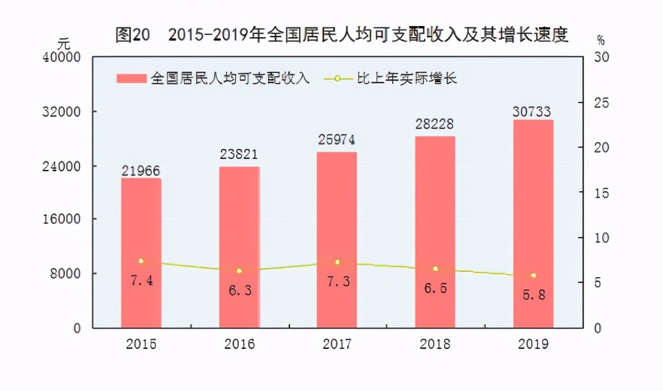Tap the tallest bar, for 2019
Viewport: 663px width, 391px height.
533,223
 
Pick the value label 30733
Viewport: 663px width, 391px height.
532,111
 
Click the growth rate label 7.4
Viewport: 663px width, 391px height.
141,281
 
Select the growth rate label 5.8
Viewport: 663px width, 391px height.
532,295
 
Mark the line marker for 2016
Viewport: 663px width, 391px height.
239,271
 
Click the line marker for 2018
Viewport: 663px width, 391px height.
435,269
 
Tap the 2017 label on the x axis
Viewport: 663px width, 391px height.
336,344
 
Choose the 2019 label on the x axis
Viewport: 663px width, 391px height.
532,344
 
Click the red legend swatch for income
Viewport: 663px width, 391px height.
132,79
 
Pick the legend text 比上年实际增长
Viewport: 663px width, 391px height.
406,79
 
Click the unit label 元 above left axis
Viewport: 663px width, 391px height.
64,44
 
